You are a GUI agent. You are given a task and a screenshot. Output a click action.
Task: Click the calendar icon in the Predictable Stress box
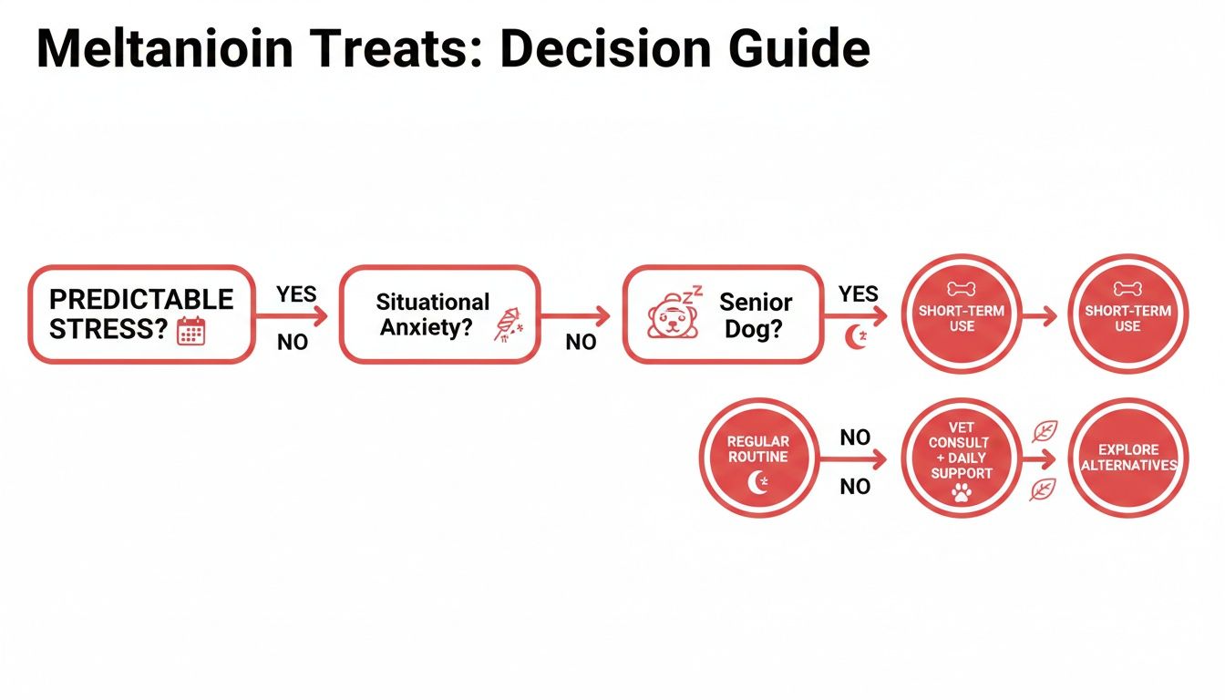click(191, 331)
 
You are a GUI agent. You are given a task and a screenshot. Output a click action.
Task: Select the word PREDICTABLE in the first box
click(141, 300)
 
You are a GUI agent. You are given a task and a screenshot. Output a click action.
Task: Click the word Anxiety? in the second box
click(427, 327)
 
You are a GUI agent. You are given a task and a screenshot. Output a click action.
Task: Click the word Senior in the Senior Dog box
click(756, 302)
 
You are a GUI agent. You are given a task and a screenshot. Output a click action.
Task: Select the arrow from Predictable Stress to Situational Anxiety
click(291, 317)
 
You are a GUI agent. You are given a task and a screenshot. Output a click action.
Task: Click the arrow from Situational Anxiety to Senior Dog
click(575, 317)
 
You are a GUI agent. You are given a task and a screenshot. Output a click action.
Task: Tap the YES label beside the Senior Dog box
click(858, 293)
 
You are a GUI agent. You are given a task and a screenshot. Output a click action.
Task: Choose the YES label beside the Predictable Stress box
click(296, 293)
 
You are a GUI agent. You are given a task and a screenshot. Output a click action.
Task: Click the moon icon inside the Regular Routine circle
click(758, 483)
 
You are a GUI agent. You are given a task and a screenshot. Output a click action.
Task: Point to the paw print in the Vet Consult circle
click(961, 493)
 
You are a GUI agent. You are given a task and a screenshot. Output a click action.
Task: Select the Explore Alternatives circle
click(1127, 458)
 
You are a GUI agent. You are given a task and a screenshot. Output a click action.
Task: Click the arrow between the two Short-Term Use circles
click(1040, 316)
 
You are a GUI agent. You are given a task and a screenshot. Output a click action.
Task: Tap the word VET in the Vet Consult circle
click(961, 427)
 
